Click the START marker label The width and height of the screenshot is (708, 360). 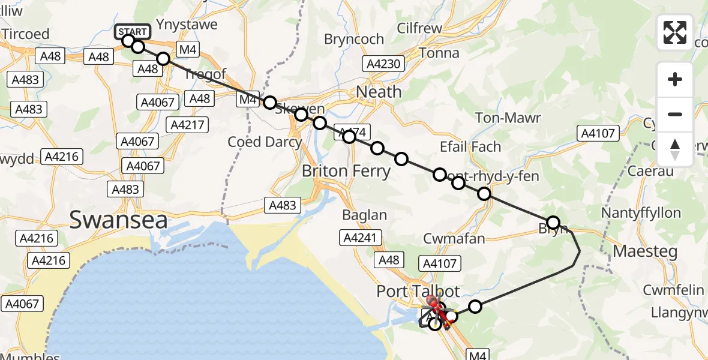point(132,31)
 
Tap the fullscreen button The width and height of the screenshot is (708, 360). point(675,32)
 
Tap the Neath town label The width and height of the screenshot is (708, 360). point(379,92)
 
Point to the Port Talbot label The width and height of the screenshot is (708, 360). point(418,292)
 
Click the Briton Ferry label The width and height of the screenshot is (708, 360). point(346,171)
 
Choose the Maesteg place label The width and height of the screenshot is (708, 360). point(641,251)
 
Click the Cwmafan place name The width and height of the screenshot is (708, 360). point(454,239)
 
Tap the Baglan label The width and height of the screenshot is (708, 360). point(364,215)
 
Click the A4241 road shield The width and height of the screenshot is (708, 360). point(361,238)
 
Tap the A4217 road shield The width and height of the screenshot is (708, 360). point(188,125)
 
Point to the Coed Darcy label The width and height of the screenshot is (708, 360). point(264,142)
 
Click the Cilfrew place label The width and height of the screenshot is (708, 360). point(419,29)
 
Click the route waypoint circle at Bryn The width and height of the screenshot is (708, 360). point(553,223)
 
